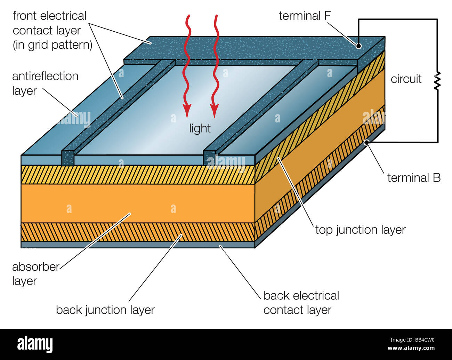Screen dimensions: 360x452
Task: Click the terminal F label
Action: coord(305,16)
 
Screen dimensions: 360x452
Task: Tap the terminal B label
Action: coord(414,178)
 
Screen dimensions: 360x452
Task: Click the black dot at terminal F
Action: coord(358,46)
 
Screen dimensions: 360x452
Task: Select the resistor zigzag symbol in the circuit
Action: coord(437,81)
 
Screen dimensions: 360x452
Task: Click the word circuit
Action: coord(406,79)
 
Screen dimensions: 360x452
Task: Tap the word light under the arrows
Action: coord(200,128)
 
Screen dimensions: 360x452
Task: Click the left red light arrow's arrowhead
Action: coord(187,111)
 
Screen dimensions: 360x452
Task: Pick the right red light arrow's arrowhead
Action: coord(215,111)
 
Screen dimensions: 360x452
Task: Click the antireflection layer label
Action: coord(45,83)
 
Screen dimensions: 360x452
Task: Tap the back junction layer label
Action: coord(105,310)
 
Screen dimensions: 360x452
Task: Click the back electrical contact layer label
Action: coord(301,303)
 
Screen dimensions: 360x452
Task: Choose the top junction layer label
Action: coord(360,230)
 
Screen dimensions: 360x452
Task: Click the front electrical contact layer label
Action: coord(52,30)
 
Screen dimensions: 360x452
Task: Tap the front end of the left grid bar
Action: coord(68,158)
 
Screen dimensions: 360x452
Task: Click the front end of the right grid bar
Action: coord(209,158)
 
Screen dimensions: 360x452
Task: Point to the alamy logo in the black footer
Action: coord(35,344)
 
